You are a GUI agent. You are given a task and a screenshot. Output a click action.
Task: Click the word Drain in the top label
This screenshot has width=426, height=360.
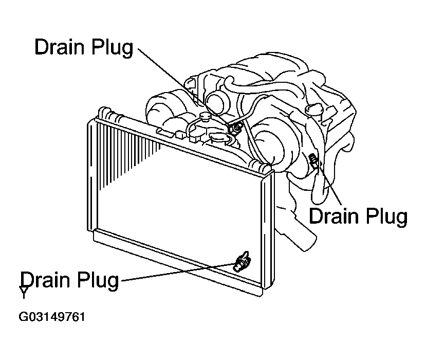(x=60, y=46)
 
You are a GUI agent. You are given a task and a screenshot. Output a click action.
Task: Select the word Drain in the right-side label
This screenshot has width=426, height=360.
(x=334, y=215)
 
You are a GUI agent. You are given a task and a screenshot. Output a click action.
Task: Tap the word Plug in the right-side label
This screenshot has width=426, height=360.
(x=386, y=217)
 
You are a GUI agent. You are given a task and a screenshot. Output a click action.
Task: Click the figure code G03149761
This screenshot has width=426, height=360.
(x=51, y=317)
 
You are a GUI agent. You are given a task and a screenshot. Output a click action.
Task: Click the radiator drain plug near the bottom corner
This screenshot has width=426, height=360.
(x=242, y=262)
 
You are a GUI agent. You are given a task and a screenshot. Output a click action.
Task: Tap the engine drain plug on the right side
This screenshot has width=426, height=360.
(x=313, y=159)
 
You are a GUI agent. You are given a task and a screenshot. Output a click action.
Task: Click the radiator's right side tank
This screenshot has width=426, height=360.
(x=268, y=231)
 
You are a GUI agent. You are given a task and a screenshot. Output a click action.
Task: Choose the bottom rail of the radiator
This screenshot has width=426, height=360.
(x=178, y=262)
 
